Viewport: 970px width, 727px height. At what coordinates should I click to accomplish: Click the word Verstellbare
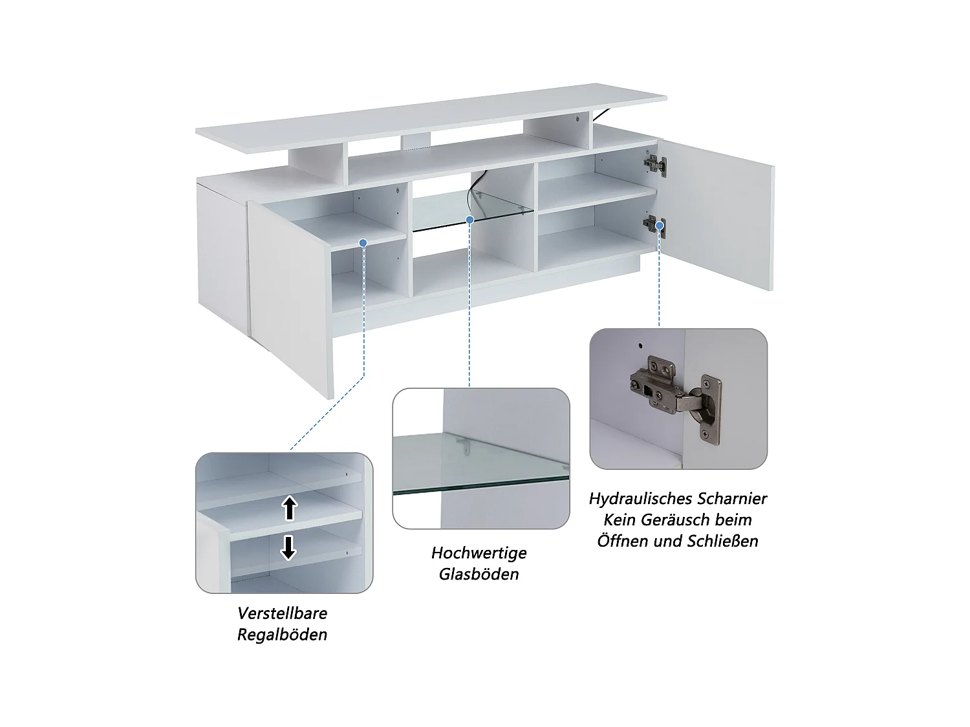coord(282,613)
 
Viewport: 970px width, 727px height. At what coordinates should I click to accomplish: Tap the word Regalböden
coord(282,635)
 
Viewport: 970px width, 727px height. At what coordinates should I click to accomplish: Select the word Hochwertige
coord(479,553)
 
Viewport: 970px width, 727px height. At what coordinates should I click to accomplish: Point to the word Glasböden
coord(479,574)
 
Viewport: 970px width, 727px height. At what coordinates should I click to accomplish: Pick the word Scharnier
coord(729,499)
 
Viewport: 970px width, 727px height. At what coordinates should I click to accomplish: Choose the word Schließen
coord(724,541)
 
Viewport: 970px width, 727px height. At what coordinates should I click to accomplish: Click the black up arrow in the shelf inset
coord(290,508)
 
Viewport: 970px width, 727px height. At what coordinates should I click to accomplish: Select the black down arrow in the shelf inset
coord(288,548)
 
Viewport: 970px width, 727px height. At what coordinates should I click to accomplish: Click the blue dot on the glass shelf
coord(469,219)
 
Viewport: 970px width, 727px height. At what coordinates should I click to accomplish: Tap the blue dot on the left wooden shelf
coord(363,243)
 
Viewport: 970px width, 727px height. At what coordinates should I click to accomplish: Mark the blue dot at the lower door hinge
coord(660,226)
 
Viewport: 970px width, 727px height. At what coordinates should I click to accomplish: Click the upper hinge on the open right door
coord(655,165)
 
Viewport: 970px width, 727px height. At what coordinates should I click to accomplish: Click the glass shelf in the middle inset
coord(480,463)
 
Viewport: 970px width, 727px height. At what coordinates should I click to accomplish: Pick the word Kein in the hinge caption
coord(619,520)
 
